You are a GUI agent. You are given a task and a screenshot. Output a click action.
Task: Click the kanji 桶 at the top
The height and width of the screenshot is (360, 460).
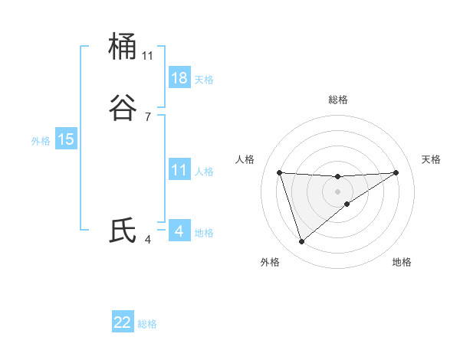[123, 47]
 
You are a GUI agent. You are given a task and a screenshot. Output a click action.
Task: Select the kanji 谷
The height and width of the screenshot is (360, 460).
[123, 108]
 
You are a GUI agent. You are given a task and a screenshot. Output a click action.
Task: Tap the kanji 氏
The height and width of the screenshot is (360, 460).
[123, 231]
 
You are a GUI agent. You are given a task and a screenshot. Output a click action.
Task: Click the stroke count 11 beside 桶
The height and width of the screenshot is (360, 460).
[148, 56]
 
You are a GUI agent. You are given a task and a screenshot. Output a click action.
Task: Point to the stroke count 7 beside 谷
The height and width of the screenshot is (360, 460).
[148, 117]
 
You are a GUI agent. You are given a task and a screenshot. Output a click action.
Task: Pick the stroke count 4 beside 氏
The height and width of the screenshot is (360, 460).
[148, 240]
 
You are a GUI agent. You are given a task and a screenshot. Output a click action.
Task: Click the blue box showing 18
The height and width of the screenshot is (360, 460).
[179, 78]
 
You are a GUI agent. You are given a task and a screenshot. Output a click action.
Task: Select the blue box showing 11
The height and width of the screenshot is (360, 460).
[179, 170]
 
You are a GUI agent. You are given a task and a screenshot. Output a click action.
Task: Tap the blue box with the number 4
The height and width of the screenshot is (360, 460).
[179, 231]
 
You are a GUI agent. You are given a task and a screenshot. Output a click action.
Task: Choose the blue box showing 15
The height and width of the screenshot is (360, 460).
[66, 139]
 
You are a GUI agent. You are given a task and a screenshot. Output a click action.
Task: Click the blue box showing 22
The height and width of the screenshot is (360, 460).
[123, 322]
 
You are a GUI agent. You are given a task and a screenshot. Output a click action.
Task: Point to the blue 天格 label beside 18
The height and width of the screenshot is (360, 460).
[204, 79]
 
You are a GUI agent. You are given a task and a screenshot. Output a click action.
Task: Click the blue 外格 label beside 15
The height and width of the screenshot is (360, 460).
[41, 140]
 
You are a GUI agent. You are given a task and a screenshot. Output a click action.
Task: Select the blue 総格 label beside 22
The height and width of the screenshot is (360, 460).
[147, 324]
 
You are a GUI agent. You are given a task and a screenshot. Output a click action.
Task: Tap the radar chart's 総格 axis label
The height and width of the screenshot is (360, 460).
[338, 100]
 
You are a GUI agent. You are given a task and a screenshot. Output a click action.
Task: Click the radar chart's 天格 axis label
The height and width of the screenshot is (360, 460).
[432, 159]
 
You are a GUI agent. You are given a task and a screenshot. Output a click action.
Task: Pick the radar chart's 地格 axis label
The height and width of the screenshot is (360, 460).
[402, 262]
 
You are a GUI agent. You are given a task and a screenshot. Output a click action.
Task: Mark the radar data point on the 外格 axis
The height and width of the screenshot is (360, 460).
[301, 242]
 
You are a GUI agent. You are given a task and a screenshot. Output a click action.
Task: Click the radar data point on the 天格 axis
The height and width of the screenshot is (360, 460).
[396, 172]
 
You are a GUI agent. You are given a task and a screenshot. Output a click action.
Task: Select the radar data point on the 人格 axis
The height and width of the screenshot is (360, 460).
[279, 172]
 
